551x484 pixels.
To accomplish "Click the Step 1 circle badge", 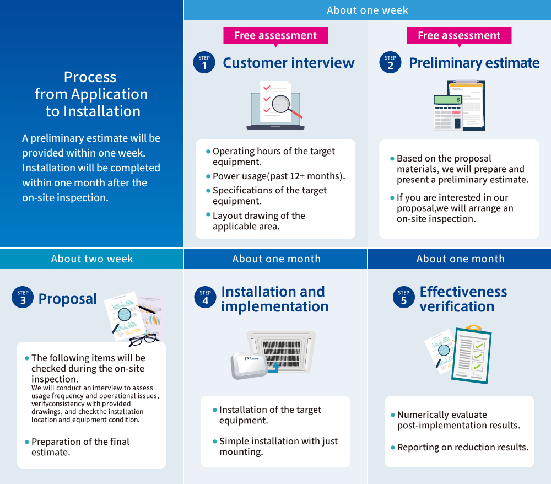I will pos(204,63).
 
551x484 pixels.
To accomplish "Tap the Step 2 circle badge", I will pos(390,63).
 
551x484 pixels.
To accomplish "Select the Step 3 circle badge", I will pos(23,298).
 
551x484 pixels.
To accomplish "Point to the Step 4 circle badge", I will pos(205,298).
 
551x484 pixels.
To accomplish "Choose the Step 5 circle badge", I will pos(403,298).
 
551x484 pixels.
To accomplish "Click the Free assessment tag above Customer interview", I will pos(275,36).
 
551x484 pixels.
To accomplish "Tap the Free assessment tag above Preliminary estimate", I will pos(459,36).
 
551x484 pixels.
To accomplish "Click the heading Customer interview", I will pos(289,63).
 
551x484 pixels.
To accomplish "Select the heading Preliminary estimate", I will pos(474,63).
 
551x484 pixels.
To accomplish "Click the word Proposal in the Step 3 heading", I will pos(68,299).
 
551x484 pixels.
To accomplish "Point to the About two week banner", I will pos(92,259).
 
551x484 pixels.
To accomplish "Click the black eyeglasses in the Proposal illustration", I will pos(144,339).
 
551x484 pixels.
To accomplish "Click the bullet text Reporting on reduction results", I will pos(462,447).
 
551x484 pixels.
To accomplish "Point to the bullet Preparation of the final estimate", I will pos(80,447).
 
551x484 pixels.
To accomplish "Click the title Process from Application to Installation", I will pos(91,94).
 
